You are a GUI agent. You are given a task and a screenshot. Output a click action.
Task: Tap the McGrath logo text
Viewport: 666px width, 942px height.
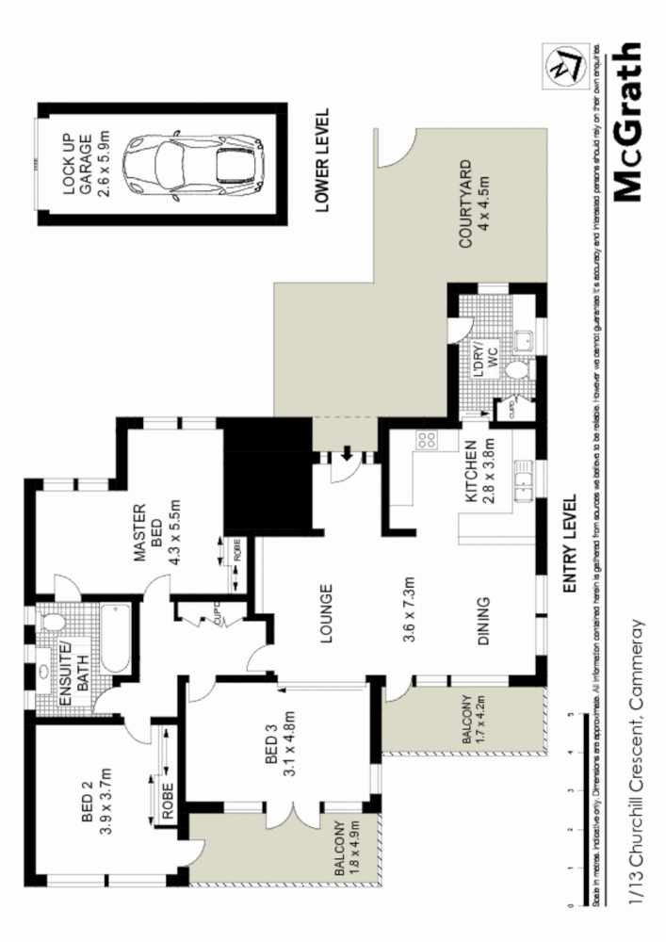coord(627,122)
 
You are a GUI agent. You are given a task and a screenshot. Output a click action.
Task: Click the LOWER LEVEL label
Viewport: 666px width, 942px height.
coord(323,161)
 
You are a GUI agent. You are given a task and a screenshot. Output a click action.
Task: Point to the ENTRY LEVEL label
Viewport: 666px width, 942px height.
coord(569,544)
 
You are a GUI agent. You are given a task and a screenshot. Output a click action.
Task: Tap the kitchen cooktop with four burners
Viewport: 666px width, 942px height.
coord(425,439)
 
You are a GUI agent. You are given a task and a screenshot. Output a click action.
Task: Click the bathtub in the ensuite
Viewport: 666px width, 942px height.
coord(113,638)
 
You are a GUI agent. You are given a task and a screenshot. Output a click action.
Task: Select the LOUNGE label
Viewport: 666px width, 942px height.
coord(325,614)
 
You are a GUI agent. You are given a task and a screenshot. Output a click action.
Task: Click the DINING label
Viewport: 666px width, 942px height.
coord(481,621)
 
